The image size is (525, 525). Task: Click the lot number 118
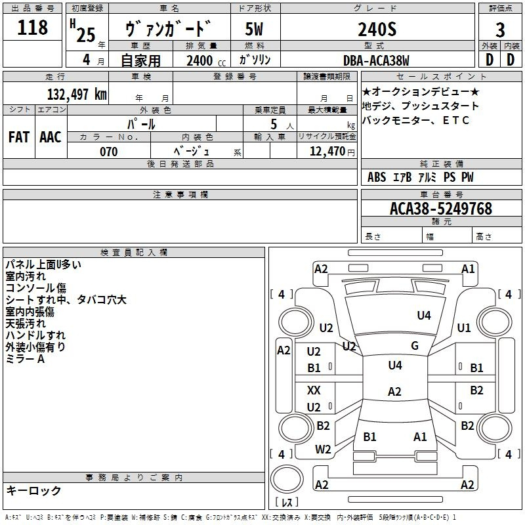[x=32, y=27]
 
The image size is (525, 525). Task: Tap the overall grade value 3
[x=500, y=30]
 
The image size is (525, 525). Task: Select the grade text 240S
[x=377, y=29]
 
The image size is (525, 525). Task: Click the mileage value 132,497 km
[x=77, y=94]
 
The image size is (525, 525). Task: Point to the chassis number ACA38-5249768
[x=441, y=209]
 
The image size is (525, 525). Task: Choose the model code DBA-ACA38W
[x=376, y=60]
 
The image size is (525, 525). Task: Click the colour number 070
[x=109, y=152]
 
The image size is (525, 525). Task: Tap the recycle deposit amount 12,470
[x=327, y=152]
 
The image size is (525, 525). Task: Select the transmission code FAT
[x=19, y=137]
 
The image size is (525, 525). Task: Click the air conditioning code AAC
[x=51, y=137]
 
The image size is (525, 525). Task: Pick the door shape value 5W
[x=254, y=29]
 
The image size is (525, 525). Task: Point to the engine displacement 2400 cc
[x=206, y=60]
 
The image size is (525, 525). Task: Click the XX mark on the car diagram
[x=314, y=390]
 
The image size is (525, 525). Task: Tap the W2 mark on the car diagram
[x=323, y=450]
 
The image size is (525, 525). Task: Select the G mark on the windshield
[x=415, y=346]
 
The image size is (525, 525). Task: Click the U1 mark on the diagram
[x=464, y=327]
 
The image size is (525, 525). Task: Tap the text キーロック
[x=33, y=490]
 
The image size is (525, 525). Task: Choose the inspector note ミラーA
[x=25, y=359]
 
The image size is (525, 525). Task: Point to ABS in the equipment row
[x=377, y=177]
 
